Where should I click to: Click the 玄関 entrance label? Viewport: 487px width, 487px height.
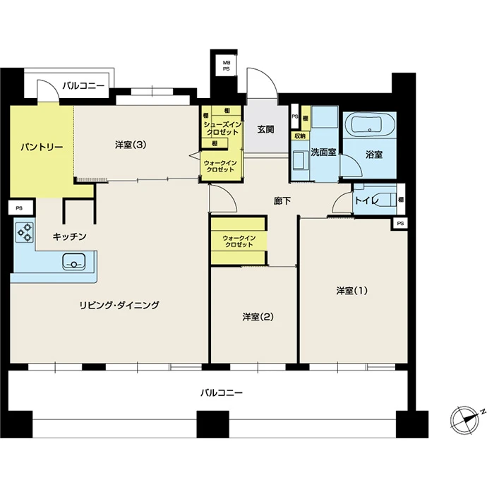tap(265, 129)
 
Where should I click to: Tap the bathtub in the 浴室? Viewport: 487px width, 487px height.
tap(368, 124)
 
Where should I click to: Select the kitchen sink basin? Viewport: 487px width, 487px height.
tap(74, 261)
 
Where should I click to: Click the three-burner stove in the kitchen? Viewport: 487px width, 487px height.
tap(25, 233)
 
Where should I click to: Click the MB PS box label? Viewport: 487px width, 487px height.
tap(227, 66)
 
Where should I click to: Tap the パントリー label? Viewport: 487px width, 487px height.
tap(42, 148)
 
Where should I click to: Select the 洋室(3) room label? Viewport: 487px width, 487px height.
tap(131, 145)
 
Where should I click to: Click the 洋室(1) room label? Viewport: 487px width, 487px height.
tap(352, 291)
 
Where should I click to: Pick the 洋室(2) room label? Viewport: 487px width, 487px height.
tap(258, 317)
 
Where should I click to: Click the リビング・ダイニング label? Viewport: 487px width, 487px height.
tap(119, 305)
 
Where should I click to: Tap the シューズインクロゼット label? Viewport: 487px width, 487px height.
tap(222, 128)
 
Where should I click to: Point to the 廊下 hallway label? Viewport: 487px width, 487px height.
tap(282, 201)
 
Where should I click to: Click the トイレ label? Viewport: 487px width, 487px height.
tap(367, 200)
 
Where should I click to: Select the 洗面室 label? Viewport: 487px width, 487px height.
tap(324, 152)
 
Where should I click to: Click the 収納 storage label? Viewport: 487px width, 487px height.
tap(300, 136)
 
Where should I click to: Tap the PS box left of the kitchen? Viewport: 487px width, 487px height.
tap(19, 208)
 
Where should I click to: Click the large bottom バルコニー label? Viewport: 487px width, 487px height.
tap(222, 393)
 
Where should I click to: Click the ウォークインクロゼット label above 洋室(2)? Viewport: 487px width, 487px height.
tap(239, 241)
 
